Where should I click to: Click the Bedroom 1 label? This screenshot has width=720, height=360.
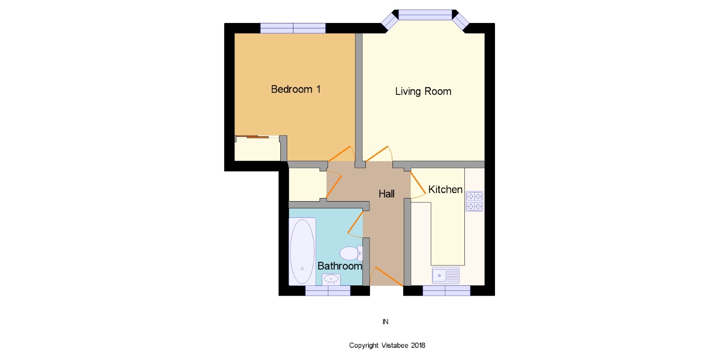(x=296, y=89)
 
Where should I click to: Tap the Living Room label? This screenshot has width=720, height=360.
(x=423, y=91)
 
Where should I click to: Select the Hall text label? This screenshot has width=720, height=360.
(x=387, y=194)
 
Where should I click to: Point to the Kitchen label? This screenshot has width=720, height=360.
(x=445, y=189)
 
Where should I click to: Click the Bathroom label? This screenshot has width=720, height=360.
(x=340, y=266)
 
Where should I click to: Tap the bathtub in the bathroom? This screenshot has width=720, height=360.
(x=302, y=252)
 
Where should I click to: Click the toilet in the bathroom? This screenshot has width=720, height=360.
(x=351, y=253)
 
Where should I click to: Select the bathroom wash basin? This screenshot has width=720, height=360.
(x=331, y=279)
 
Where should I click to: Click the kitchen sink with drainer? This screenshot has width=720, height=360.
(x=446, y=275)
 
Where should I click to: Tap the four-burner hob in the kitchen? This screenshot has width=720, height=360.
(x=474, y=201)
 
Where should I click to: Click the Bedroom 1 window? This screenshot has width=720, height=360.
(x=293, y=28)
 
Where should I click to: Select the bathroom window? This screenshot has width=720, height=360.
(x=328, y=291)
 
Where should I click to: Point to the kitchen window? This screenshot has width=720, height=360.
(x=446, y=291)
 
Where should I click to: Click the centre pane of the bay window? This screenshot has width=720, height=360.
(x=425, y=15)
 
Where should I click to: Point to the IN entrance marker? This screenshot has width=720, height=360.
(x=385, y=322)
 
